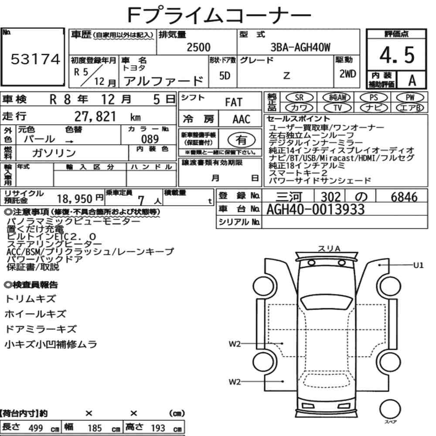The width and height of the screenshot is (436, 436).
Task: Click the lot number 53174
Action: click(x=35, y=59)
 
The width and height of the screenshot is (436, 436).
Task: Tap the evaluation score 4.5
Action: click(x=397, y=55)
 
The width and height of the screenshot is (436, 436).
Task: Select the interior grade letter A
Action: click(x=412, y=80)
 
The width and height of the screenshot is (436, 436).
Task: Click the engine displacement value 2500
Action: click(x=198, y=47)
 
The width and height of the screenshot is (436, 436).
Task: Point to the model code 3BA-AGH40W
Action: click(x=300, y=48)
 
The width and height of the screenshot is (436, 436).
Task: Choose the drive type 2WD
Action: click(x=347, y=74)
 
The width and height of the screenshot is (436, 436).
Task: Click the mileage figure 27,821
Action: click(x=95, y=116)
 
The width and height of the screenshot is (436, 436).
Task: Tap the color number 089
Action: click(x=150, y=139)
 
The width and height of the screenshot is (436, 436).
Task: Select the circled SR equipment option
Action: click(x=300, y=98)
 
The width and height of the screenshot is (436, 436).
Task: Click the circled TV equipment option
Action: click(x=337, y=108)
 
